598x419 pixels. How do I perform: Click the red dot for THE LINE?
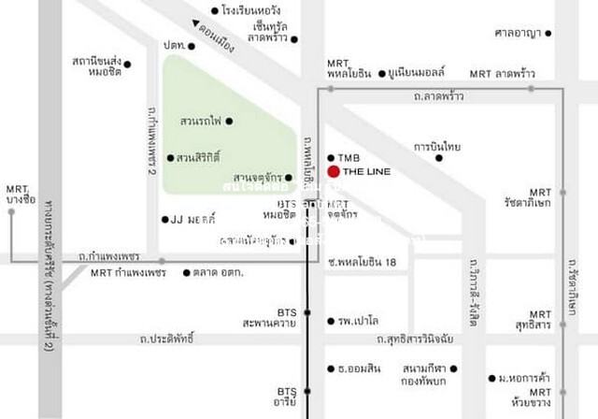[x=334, y=172]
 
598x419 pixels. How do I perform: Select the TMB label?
[x=349, y=157]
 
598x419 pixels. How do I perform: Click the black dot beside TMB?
[x=331, y=157]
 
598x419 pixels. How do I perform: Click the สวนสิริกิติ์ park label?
[x=198, y=157]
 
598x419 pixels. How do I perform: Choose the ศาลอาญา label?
[x=519, y=34]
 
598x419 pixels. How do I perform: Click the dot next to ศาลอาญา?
[x=548, y=34]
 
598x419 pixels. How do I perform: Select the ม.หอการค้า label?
[x=523, y=378]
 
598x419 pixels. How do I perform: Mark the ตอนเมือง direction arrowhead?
[x=194, y=25]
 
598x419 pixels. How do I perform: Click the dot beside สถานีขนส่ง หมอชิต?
[x=128, y=65]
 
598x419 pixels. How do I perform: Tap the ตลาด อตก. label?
[x=219, y=273]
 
